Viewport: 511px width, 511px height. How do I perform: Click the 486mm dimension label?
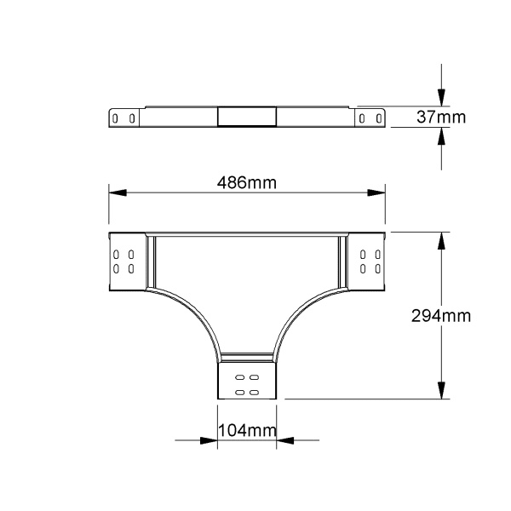pos(247,182)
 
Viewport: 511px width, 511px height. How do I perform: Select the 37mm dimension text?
pos(441,117)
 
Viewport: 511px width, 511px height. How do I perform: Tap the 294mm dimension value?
pos(441,316)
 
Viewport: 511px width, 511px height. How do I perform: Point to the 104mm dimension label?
pos(247,430)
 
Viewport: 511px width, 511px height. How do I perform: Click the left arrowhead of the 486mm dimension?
pos(118,192)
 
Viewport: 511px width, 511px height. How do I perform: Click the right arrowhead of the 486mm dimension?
pos(376,192)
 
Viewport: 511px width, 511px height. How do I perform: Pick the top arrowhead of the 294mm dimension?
pos(441,241)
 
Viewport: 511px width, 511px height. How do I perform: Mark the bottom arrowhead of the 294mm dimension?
pos(441,390)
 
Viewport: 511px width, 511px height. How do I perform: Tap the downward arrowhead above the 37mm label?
pos(441,97)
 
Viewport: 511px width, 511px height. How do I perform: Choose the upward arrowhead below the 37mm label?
pos(441,136)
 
